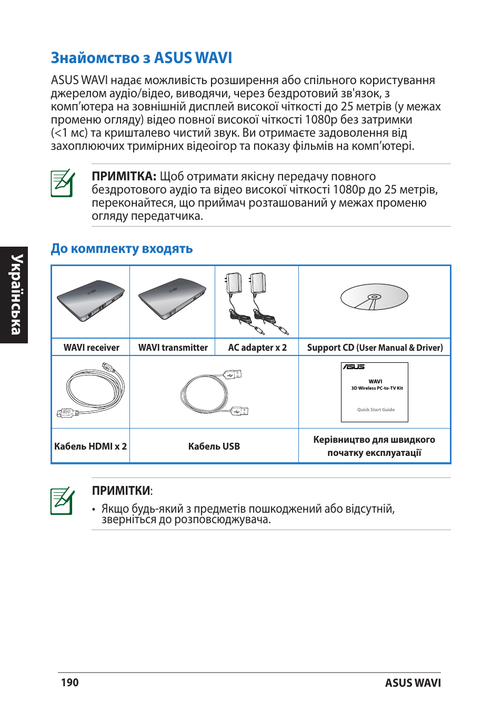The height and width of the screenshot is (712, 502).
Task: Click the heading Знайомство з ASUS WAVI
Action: pyautogui.click(x=141, y=58)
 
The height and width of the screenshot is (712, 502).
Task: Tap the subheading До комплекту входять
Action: pyautogui.click(x=122, y=249)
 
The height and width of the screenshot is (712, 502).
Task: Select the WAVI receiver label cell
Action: pyautogui.click(x=91, y=348)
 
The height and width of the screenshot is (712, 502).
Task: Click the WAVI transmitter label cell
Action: pyautogui.click(x=173, y=348)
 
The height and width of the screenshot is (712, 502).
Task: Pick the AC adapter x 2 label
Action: pyautogui.click(x=257, y=348)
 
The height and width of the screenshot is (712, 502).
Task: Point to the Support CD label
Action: pyautogui.click(x=375, y=348)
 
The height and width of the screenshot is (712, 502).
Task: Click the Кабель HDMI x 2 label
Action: pyautogui.click(x=91, y=446)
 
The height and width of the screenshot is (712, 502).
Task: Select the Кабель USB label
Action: pyautogui.click(x=214, y=446)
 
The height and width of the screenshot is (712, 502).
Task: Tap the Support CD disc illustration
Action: pyautogui.click(x=374, y=298)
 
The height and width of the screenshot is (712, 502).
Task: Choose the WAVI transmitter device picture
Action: pyautogui.click(x=172, y=299)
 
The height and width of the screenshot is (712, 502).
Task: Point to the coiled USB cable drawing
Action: pyautogui.click(x=210, y=393)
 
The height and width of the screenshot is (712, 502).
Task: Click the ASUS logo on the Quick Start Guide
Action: pyautogui.click(x=354, y=367)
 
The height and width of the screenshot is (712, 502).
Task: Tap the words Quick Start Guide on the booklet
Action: pyautogui.click(x=376, y=410)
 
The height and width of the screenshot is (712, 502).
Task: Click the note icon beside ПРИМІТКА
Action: pyautogui.click(x=63, y=184)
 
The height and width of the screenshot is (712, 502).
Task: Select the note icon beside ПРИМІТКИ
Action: pyautogui.click(x=63, y=501)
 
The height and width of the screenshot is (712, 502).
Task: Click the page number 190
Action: pyautogui.click(x=69, y=683)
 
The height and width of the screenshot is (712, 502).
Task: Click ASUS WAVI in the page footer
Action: pyautogui.click(x=413, y=683)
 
